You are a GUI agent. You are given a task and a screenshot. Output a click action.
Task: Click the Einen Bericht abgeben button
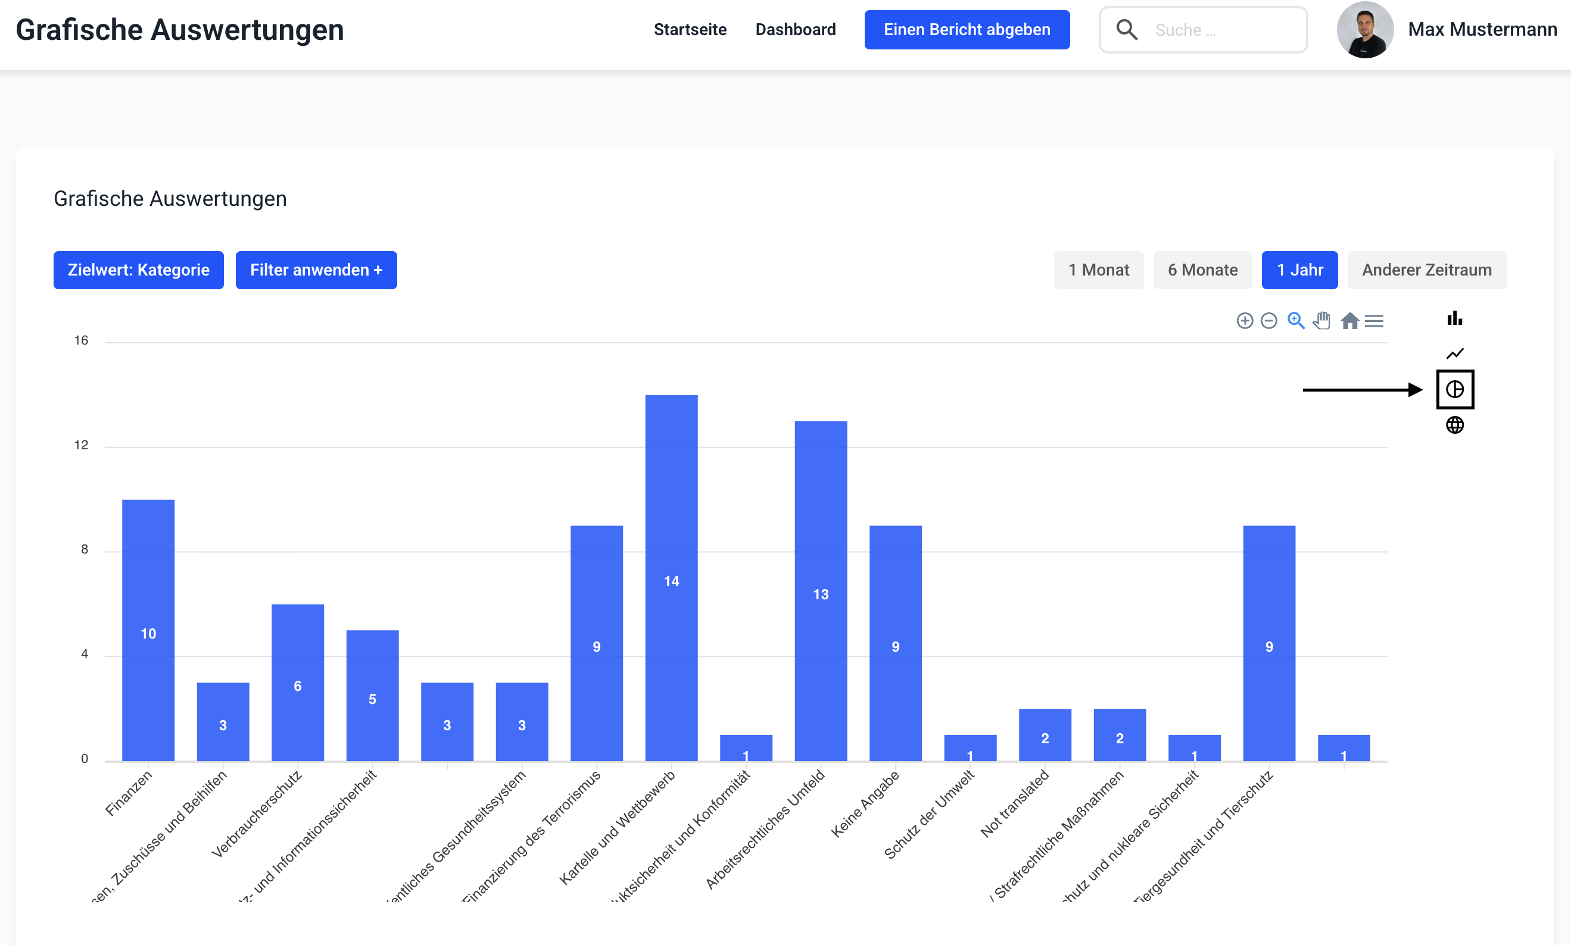coord(967,30)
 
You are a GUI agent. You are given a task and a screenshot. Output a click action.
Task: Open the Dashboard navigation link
coord(795,30)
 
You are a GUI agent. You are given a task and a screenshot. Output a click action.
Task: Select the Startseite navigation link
coord(690,30)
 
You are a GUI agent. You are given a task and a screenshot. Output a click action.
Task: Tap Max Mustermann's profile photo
coord(1364,30)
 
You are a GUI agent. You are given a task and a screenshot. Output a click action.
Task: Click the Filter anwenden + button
coord(316,270)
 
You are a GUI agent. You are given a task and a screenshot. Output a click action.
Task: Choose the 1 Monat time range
coord(1098,270)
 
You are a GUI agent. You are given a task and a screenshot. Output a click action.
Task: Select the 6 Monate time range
coord(1202,270)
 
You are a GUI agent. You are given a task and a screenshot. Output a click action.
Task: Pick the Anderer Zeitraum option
coord(1426,270)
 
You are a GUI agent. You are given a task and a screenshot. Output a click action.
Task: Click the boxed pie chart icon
coord(1454,389)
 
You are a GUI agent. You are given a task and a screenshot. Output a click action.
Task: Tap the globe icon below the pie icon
coord(1454,425)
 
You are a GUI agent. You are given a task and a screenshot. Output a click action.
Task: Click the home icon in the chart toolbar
coord(1349,321)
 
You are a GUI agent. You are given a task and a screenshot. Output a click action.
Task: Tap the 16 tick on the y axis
coord(81,340)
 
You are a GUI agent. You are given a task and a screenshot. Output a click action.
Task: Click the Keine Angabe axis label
coord(866,803)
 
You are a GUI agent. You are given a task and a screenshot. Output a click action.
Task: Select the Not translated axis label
coord(1015,803)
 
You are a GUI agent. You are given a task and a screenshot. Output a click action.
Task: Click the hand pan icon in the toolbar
coord(1322,320)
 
